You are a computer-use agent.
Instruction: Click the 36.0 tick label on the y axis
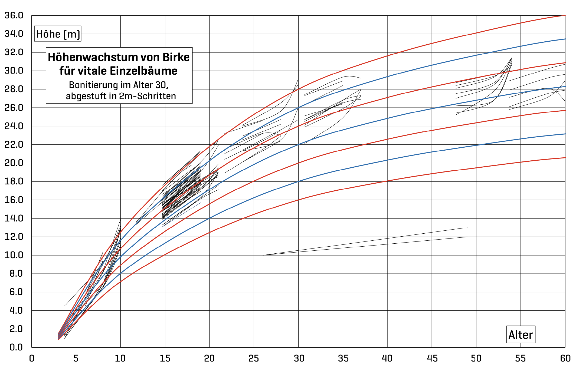(14, 15)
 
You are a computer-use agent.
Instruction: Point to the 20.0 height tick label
(14, 163)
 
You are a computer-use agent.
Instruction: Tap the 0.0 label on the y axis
(16, 347)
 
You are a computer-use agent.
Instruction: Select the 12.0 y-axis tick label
(14, 237)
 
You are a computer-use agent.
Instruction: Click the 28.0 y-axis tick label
(14, 89)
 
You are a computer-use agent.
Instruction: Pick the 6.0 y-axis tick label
(16, 292)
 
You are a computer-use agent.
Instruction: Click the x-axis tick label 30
(299, 359)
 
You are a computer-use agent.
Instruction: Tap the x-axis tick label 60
(565, 359)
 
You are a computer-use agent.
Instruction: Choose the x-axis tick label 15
(165, 359)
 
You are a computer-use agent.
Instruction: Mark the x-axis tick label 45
(432, 359)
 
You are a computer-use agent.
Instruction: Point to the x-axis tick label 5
(76, 359)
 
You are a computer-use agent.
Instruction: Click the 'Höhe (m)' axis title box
(58, 34)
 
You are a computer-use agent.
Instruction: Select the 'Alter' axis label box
(521, 335)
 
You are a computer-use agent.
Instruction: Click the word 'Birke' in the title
(176, 57)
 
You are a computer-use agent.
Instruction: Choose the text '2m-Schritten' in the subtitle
(148, 96)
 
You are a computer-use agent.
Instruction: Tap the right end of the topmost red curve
(565, 16)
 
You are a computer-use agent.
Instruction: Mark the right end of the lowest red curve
(565, 158)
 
